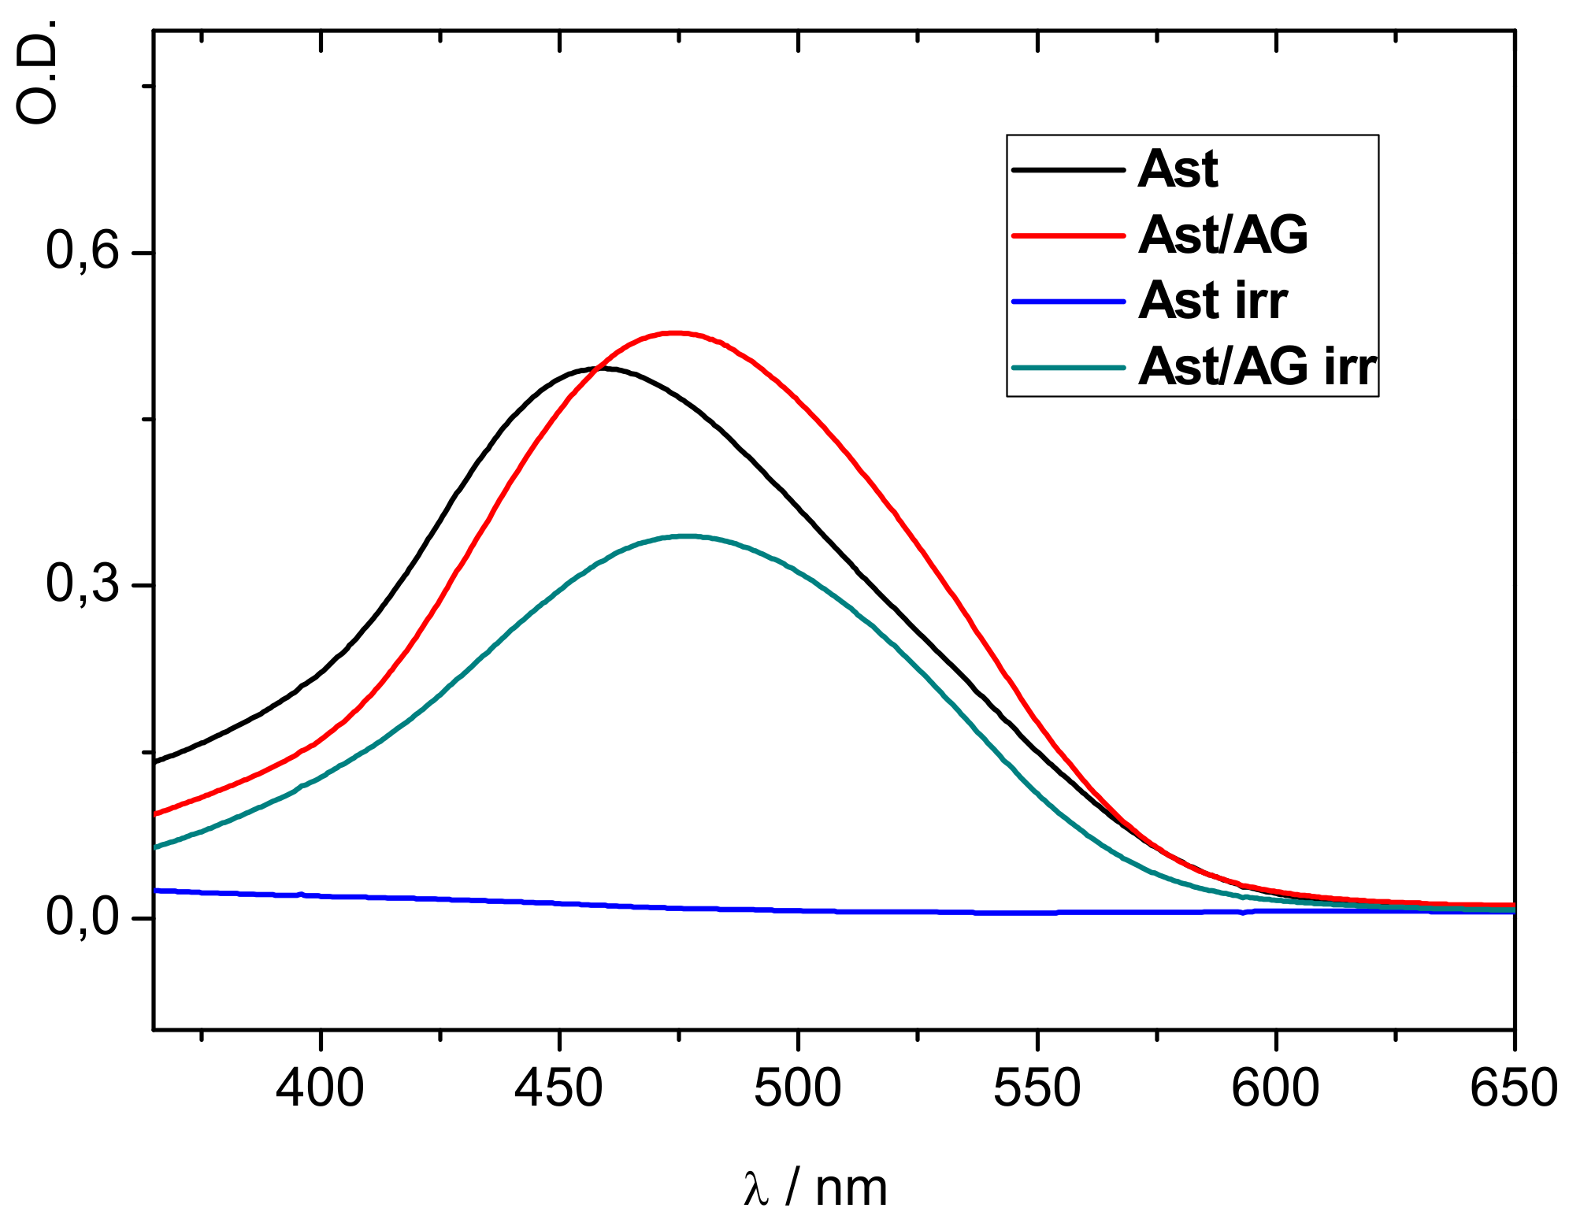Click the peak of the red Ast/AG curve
676,332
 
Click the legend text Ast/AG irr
1257,366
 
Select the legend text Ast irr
1212,300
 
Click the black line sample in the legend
1067,169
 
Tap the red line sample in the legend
1067,235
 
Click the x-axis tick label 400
320,1088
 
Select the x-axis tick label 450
558,1088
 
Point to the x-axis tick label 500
797,1088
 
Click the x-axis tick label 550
1037,1088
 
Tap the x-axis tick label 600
1275,1088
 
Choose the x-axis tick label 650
1513,1088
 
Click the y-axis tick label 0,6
82,252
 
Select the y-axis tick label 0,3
82,584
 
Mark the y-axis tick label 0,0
82,917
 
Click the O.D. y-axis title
38,72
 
